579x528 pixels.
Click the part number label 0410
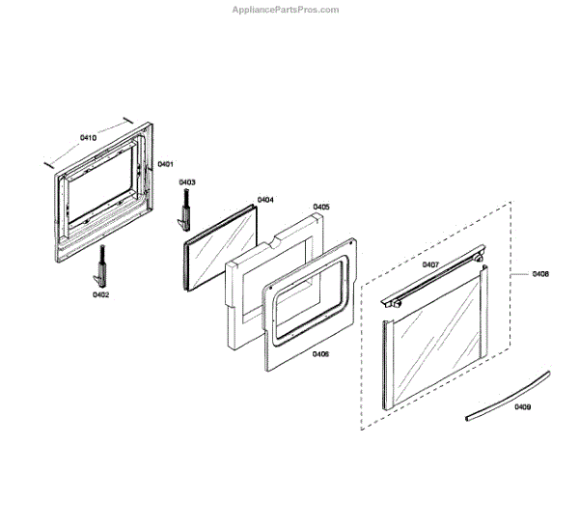[x=88, y=138]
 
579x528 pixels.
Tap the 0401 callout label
[x=165, y=164]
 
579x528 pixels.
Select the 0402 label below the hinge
[x=100, y=294]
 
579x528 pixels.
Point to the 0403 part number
[x=186, y=182]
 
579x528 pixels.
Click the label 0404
[x=265, y=200]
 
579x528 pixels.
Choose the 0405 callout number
[x=321, y=207]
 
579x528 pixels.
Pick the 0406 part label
[x=321, y=354]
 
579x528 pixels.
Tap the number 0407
[x=430, y=264]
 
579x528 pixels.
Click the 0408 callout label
[x=540, y=274]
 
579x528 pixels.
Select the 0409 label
[x=522, y=407]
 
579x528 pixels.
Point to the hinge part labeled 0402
[x=100, y=265]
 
